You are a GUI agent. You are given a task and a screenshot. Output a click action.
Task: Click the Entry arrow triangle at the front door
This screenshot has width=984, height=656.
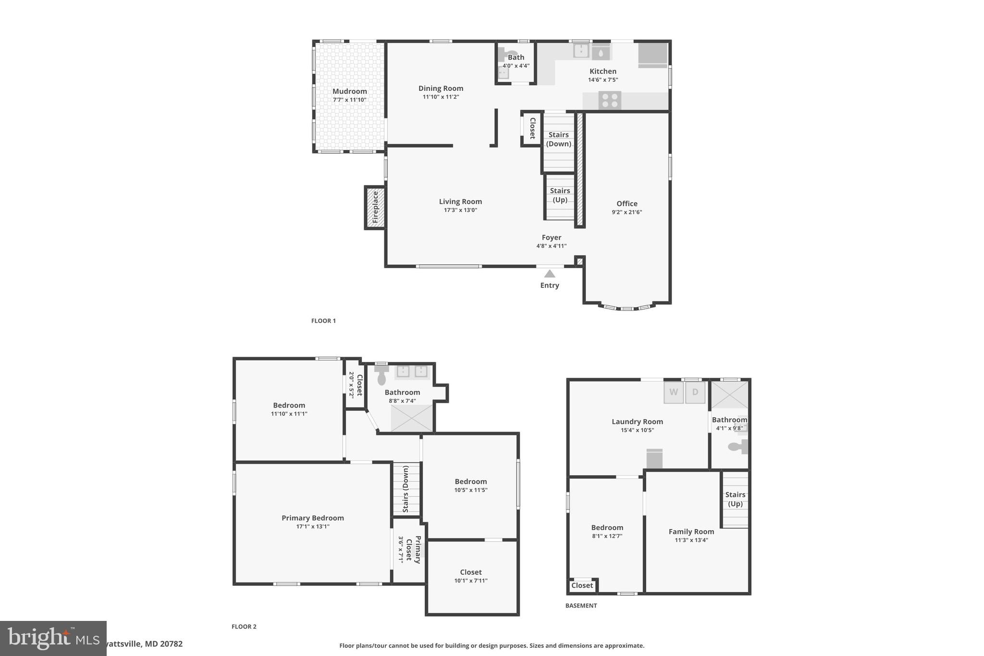[x=550, y=274]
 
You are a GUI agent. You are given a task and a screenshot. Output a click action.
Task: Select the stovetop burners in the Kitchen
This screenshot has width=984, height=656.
[x=610, y=100]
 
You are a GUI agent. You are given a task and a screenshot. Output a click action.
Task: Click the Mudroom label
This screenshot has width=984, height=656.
[x=349, y=91]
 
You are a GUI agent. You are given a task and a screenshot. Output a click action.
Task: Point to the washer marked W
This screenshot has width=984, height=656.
[x=674, y=392]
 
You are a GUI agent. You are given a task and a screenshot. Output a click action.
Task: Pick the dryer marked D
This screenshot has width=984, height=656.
[x=695, y=392]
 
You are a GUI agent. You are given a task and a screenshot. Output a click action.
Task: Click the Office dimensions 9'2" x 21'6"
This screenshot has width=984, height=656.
[x=627, y=212]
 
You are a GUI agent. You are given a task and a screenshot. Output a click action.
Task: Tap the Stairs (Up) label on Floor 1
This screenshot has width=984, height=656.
[x=560, y=195]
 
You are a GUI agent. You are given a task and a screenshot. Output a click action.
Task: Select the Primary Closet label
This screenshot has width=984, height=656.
[x=413, y=549]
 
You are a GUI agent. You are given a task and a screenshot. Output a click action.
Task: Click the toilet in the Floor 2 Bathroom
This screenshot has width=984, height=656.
[x=382, y=375]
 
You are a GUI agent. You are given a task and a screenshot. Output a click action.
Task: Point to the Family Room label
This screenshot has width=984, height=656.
[x=691, y=532]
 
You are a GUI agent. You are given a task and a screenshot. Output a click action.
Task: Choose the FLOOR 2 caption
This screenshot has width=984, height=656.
[x=244, y=627]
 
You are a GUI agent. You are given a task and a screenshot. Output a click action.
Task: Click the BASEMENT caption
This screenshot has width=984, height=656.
[x=581, y=606]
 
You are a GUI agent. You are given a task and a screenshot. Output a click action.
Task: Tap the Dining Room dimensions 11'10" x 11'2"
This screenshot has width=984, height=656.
[x=441, y=97]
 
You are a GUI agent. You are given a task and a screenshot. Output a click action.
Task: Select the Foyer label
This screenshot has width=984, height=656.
[x=551, y=237]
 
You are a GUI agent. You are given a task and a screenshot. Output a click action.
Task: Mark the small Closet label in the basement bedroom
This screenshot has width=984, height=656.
[x=582, y=585]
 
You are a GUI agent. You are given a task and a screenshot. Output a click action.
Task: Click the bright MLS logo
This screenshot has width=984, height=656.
[x=53, y=638]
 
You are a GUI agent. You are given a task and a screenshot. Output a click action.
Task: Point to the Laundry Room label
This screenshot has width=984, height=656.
[x=637, y=421]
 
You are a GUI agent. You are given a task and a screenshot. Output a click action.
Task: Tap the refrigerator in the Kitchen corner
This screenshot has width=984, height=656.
[x=652, y=54]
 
